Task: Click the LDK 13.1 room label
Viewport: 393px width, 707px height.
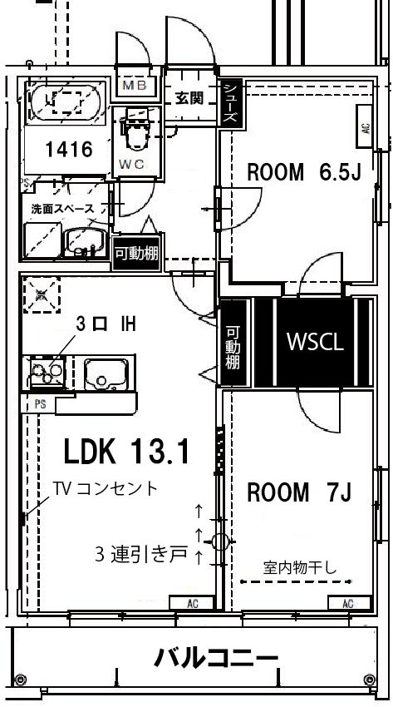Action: (x=128, y=452)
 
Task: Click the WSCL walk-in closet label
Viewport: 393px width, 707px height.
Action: (x=315, y=341)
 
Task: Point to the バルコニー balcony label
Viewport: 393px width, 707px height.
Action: (x=216, y=660)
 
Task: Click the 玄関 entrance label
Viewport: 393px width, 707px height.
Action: (x=189, y=97)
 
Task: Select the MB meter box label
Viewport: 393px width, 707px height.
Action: (x=134, y=86)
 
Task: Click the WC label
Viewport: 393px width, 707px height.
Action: (x=131, y=164)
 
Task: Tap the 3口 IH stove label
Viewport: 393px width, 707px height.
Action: (x=105, y=323)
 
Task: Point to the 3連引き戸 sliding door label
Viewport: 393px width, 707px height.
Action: (x=141, y=554)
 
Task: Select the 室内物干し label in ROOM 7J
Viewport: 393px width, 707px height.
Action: (x=300, y=569)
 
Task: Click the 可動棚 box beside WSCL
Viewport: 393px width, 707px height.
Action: (x=233, y=345)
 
